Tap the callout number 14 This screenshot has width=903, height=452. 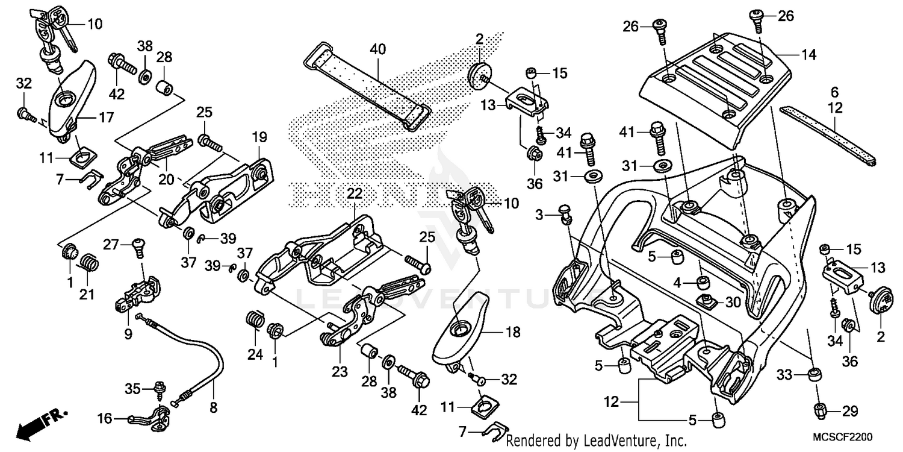coord(808,55)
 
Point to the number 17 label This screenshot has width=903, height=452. coord(106,118)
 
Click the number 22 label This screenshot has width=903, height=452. coord(355,193)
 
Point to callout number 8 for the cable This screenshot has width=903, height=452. coord(213,407)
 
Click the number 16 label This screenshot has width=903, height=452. coord(105,417)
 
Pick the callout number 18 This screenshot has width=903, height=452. coord(513,332)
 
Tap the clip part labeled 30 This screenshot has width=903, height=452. coord(705,300)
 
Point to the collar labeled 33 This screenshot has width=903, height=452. coord(814,375)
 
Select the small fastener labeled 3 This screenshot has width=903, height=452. coord(565,212)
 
